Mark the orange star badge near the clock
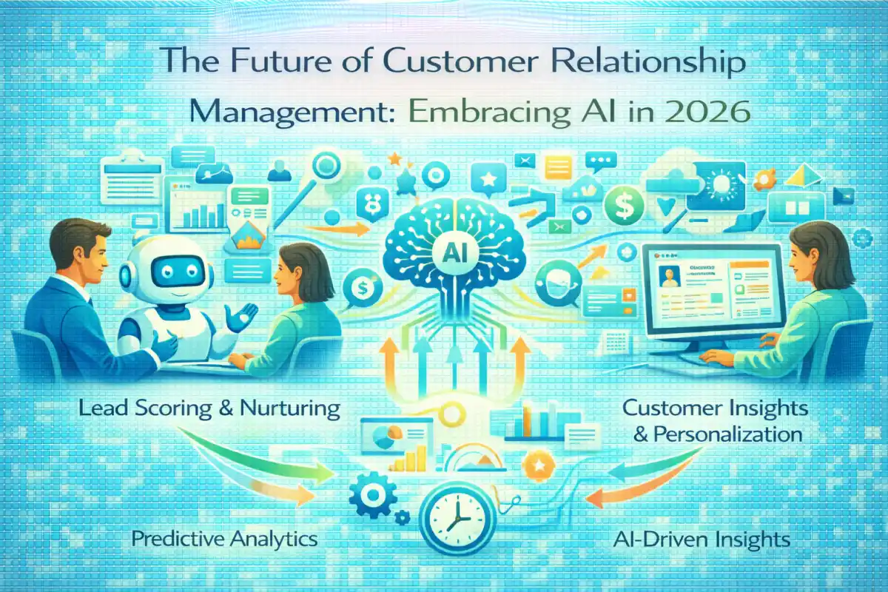pos(536,467)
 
